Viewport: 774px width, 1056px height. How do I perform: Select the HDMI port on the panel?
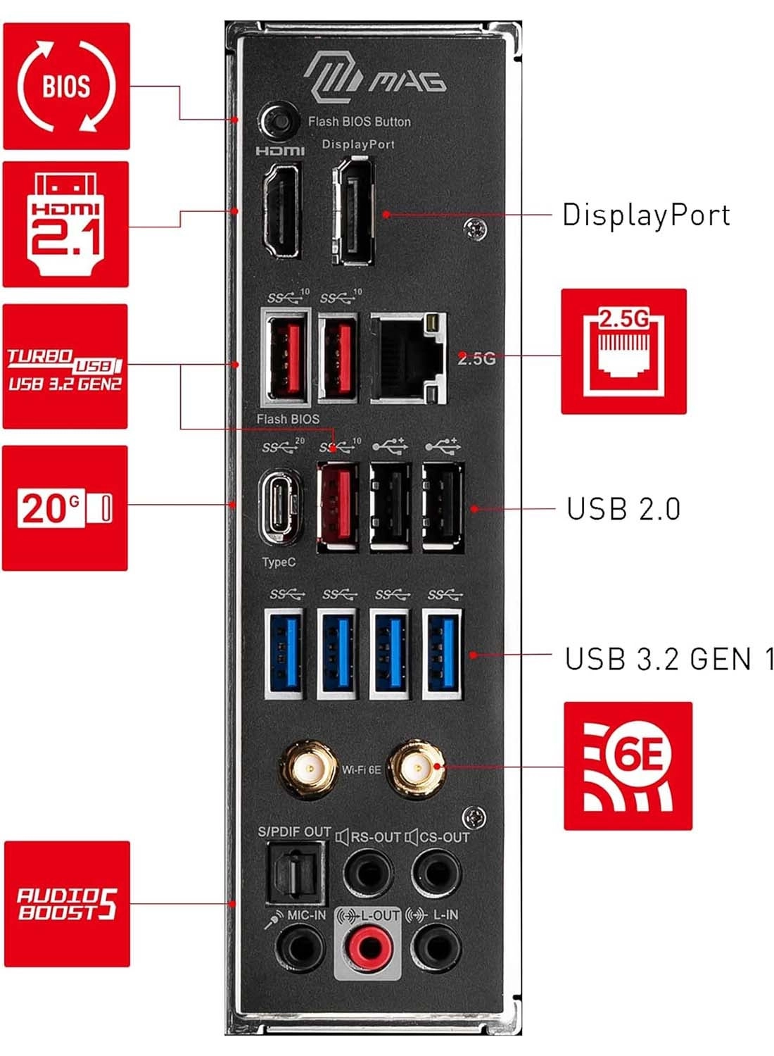click(x=281, y=210)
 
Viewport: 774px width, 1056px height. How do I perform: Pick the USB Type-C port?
click(x=281, y=507)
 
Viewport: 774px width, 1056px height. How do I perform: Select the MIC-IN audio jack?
click(x=301, y=947)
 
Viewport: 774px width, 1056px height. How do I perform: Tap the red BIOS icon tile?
click(x=66, y=86)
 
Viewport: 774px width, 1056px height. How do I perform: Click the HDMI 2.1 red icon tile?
click(x=65, y=224)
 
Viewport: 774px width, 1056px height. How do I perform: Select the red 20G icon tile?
click(x=65, y=508)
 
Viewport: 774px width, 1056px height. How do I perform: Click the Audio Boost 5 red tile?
click(x=67, y=903)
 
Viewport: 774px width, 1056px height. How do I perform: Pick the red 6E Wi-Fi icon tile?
click(x=628, y=765)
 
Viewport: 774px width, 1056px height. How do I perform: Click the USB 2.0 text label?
click(x=623, y=509)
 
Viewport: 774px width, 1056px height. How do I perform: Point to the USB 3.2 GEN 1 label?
click(x=668, y=659)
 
